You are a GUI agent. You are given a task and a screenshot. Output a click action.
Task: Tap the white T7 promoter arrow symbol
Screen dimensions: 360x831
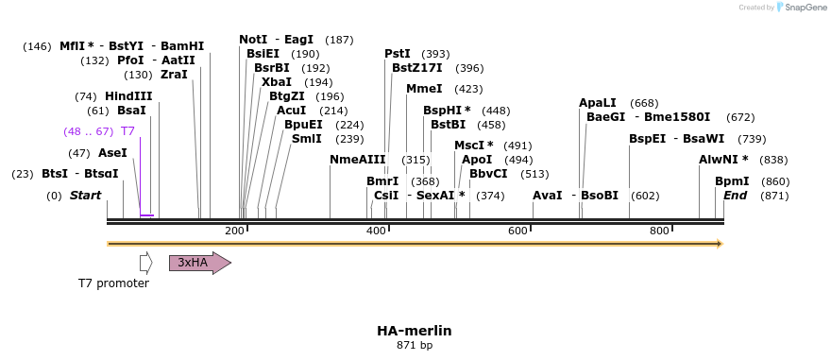(145, 263)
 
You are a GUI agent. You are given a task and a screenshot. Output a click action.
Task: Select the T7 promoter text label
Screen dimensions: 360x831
(113, 283)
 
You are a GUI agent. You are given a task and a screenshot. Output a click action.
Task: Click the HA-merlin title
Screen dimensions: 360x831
(415, 331)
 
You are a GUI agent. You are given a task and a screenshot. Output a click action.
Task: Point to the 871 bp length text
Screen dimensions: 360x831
(415, 346)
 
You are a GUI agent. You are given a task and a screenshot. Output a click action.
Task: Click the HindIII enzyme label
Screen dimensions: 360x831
(128, 96)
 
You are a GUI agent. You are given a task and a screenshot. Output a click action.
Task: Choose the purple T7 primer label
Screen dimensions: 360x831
(127, 131)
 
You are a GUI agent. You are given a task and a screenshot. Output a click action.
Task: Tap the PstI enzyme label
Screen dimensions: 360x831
(398, 54)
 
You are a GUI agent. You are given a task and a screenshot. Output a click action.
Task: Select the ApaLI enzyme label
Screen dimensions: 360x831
(598, 103)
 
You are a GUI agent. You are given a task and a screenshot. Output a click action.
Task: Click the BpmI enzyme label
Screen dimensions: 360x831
(732, 181)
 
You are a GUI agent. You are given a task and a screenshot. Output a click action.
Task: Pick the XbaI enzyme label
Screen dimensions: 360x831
(277, 82)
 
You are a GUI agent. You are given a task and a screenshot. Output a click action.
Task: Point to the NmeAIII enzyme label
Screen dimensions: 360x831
(358, 160)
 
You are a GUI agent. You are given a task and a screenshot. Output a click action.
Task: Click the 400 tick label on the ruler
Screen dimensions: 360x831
(376, 231)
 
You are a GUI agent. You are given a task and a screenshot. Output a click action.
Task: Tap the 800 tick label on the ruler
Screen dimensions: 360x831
(659, 231)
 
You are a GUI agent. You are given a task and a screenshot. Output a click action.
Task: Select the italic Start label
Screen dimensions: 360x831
(85, 196)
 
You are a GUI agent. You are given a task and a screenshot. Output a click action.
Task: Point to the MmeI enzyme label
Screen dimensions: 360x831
(424, 89)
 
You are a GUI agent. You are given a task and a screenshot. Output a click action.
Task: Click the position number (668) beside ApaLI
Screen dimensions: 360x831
(644, 103)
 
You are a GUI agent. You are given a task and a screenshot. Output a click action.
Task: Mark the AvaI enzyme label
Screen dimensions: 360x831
(548, 196)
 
